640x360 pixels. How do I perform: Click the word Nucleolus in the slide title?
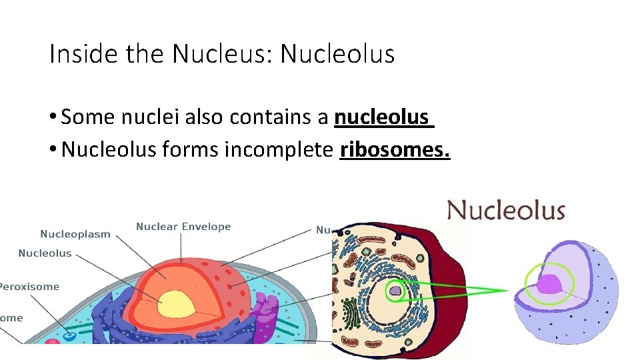click(337, 53)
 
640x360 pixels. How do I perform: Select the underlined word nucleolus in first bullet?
click(381, 117)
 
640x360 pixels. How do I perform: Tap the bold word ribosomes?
click(395, 150)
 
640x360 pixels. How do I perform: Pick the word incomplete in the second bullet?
click(278, 150)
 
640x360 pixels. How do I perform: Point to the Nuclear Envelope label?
click(183, 227)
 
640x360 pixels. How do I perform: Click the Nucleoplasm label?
click(75, 234)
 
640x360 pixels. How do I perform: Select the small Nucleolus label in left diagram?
click(45, 253)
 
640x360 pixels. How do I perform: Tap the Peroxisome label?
click(29, 287)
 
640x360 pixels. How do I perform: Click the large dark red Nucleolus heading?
click(506, 211)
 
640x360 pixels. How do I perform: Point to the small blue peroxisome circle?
click(69, 337)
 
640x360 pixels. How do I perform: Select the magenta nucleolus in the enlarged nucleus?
click(551, 285)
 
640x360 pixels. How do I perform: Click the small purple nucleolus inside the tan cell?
click(395, 290)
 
